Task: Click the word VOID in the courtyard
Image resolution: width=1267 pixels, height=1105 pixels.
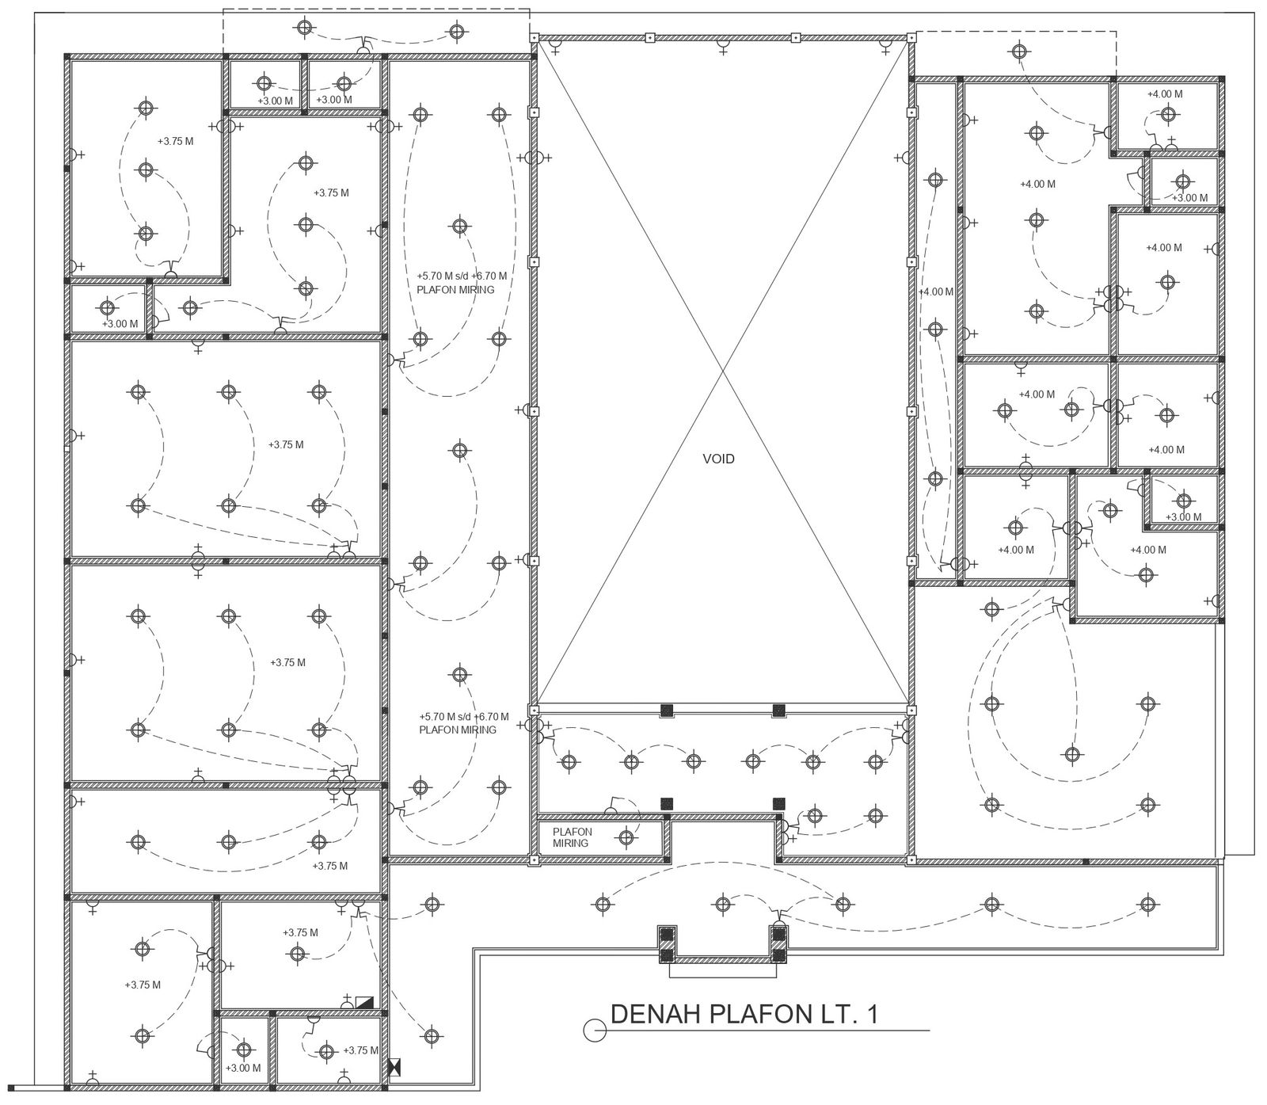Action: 718,459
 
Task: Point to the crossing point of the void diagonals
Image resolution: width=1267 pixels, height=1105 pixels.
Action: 721,371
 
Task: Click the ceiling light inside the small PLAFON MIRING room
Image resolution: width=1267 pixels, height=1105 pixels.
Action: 626,836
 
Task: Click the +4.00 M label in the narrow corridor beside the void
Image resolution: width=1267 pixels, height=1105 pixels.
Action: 936,291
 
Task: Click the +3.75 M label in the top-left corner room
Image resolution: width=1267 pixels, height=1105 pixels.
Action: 176,141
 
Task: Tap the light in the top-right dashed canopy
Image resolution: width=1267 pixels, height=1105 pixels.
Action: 1020,51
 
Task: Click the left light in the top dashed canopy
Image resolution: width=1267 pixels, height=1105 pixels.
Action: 304,28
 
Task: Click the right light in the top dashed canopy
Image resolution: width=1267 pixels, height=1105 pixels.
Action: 455,32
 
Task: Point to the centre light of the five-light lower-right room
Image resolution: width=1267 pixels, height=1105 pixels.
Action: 1072,754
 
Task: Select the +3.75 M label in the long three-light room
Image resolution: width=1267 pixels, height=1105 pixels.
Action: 329,866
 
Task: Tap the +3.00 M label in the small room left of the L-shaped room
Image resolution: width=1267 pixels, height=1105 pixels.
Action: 120,323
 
